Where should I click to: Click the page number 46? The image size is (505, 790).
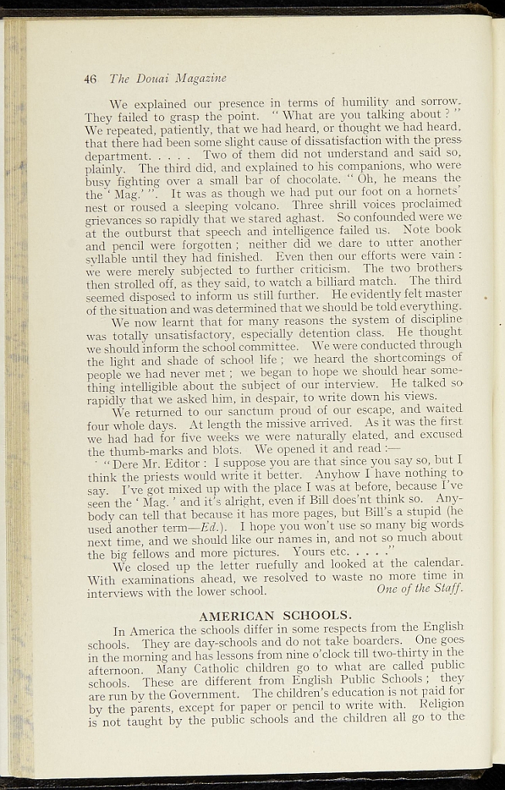point(90,78)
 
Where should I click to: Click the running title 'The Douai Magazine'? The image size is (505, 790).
point(168,78)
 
